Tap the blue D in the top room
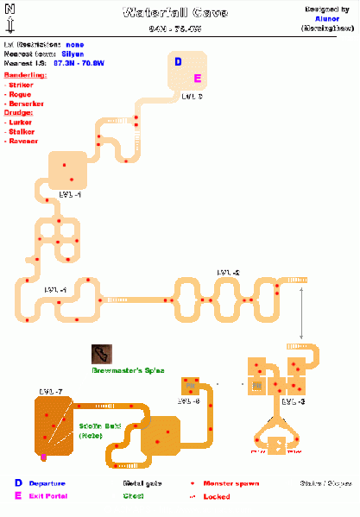pyautogui.click(x=179, y=62)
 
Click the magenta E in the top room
pyautogui.click(x=197, y=79)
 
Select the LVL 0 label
pyautogui.click(x=192, y=97)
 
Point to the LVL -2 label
pyautogui.click(x=229, y=273)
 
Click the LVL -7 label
pyautogui.click(x=52, y=393)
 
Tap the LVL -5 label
pyautogui.click(x=188, y=401)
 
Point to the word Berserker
pyautogui.click(x=27, y=104)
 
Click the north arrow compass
pyautogui.click(x=8, y=17)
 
